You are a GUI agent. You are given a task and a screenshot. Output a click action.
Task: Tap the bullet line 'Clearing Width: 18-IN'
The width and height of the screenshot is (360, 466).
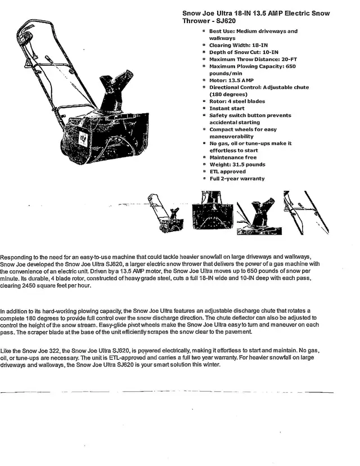[239, 45]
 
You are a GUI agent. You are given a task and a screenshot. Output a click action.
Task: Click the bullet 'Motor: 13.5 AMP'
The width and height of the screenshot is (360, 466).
[231, 80]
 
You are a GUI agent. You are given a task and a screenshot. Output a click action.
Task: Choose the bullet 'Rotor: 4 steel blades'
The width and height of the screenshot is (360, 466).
[237, 101]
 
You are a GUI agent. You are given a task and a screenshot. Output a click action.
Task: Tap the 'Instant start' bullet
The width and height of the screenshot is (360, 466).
[227, 109]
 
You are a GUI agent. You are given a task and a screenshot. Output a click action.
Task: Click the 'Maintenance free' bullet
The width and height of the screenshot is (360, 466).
[233, 158]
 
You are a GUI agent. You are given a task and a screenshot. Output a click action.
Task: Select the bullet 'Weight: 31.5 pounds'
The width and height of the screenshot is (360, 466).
[237, 165]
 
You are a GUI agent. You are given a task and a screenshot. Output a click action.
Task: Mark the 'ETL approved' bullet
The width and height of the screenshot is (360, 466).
[227, 172]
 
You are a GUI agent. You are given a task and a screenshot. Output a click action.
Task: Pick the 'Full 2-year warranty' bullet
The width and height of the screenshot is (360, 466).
[237, 179]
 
